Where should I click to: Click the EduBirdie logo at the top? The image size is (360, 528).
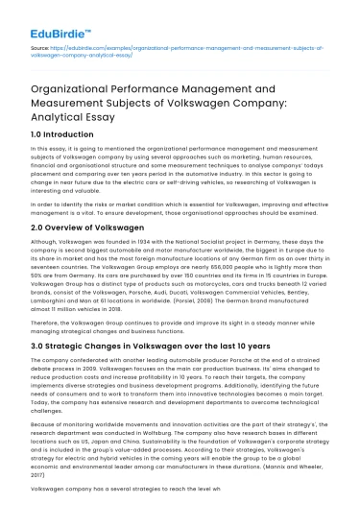click(37, 17)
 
